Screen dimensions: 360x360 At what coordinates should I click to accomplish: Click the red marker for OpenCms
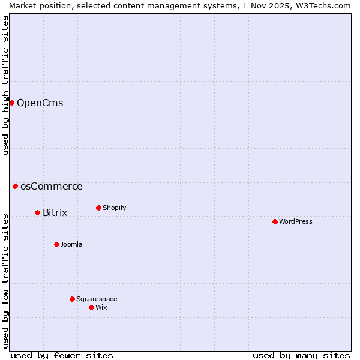coord(11,103)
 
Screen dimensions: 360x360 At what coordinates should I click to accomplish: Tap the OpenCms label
coord(40,103)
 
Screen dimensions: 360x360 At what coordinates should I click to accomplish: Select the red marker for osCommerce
coord(15,186)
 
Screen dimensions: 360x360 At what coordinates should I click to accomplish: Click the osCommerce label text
coord(51,187)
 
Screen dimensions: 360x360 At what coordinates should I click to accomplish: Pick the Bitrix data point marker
coord(37,212)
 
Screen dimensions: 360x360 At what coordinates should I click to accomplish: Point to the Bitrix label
coord(55,213)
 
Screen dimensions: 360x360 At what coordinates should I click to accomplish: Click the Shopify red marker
coord(98,208)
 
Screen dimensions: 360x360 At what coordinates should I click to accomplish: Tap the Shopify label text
coord(114,208)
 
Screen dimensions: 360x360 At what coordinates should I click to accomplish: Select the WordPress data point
coord(275,221)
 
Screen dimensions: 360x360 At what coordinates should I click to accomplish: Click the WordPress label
coord(295,222)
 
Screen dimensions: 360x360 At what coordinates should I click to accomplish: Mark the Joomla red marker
coord(56,244)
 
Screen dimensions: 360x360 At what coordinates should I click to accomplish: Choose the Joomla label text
coord(71,245)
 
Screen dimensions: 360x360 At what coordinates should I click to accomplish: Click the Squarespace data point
coord(72,299)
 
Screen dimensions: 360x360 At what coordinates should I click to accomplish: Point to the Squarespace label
coord(97,299)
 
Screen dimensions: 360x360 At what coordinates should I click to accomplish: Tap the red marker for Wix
coord(91,307)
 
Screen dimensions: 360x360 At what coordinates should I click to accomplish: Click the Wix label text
coord(101,308)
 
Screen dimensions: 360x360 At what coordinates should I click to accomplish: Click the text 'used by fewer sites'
coord(62,355)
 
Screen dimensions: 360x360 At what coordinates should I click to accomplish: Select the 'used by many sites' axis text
coord(301,355)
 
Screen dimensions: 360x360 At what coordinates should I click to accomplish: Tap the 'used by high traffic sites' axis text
coord(5,85)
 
